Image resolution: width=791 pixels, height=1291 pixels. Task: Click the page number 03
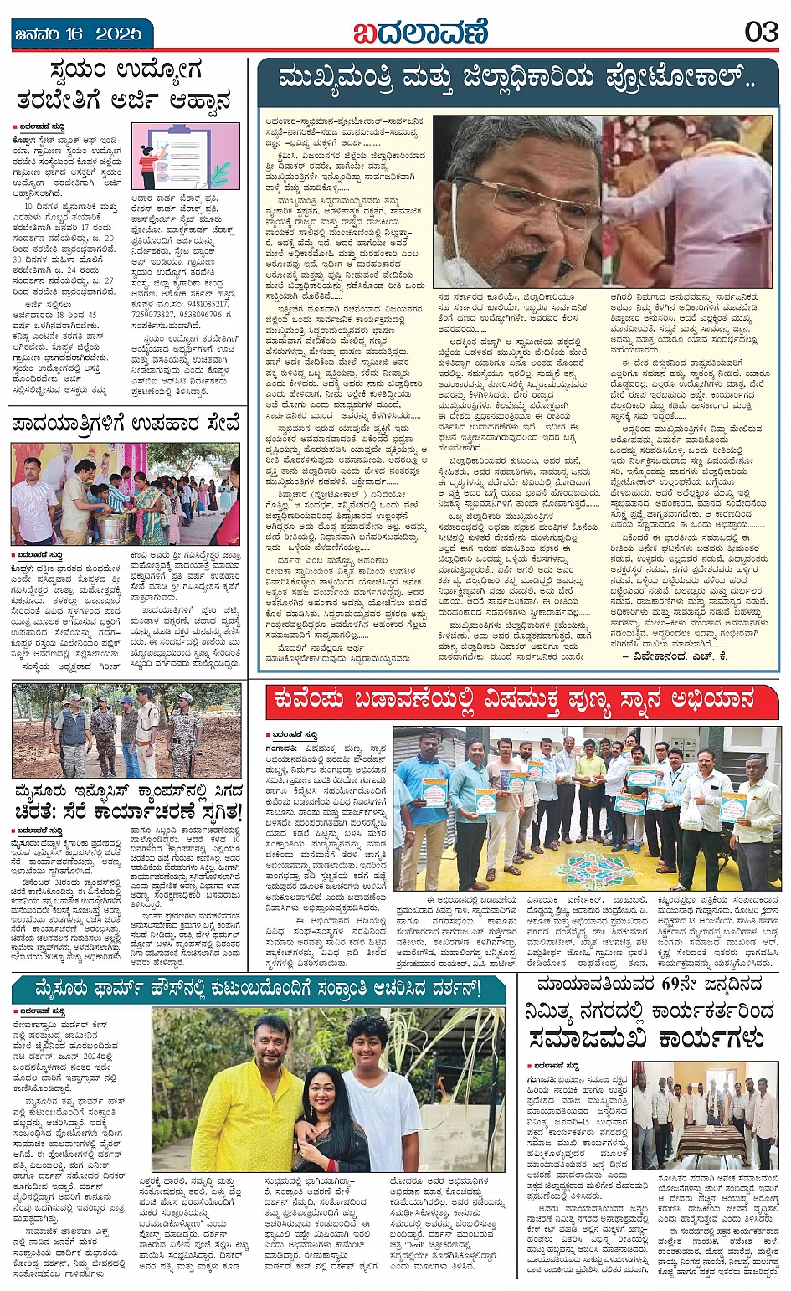pyautogui.click(x=761, y=33)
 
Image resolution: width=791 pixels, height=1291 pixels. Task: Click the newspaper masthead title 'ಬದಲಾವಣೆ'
pyautogui.click(x=419, y=33)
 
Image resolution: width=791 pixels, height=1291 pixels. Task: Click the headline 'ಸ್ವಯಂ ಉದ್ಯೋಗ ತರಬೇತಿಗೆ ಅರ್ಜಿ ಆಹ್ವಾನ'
pyautogui.click(x=126, y=85)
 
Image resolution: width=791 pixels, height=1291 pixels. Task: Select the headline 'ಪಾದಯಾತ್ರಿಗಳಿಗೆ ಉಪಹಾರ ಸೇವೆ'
pyautogui.click(x=126, y=424)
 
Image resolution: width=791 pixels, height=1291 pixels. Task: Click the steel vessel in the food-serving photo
pyautogui.click(x=111, y=527)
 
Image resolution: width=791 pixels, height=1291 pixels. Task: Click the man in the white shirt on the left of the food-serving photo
pyautogui.click(x=33, y=502)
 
